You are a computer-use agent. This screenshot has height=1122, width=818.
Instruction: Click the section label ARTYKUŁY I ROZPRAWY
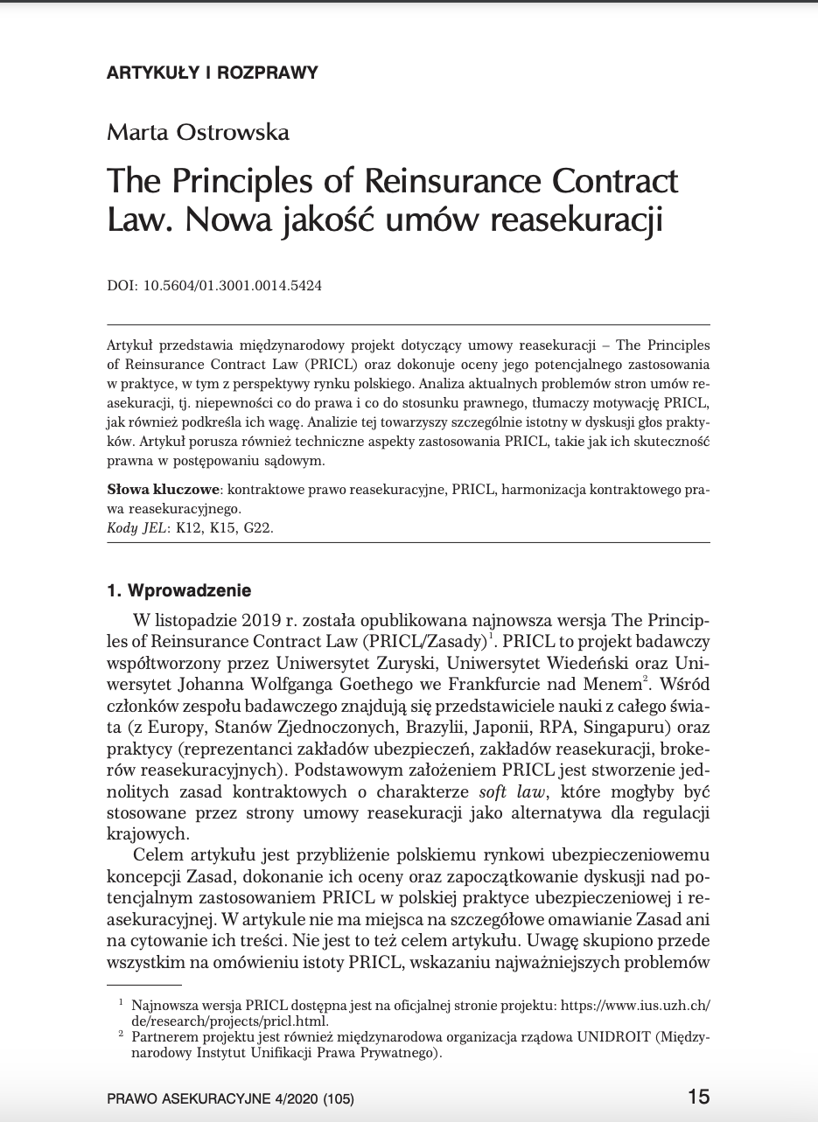212,73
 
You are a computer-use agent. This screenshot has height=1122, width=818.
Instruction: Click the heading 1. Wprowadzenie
178,590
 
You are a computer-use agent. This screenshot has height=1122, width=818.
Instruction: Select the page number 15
698,1097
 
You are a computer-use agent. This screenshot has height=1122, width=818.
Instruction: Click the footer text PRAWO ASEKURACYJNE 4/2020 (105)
230,1098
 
